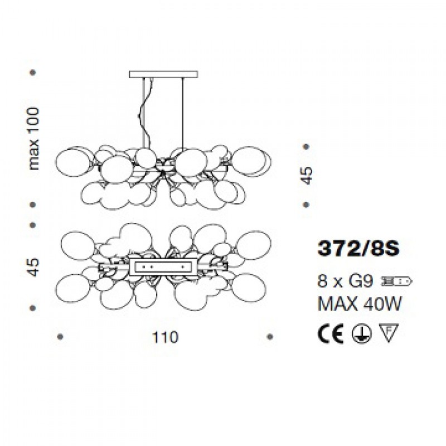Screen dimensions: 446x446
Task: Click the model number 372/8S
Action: tap(358, 248)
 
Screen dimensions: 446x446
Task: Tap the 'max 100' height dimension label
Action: tap(34, 138)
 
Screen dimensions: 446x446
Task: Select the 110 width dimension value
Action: tap(165, 337)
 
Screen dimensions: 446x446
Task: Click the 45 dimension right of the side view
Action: tap(307, 176)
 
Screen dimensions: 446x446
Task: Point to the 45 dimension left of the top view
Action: tap(33, 267)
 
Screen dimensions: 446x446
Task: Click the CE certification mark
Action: tap(331, 333)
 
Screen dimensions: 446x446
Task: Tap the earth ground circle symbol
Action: tap(361, 333)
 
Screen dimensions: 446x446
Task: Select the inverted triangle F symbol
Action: tap(389, 333)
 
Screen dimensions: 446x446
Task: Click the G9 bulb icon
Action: tap(396, 282)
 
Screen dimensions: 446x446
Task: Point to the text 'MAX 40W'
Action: tap(359, 304)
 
